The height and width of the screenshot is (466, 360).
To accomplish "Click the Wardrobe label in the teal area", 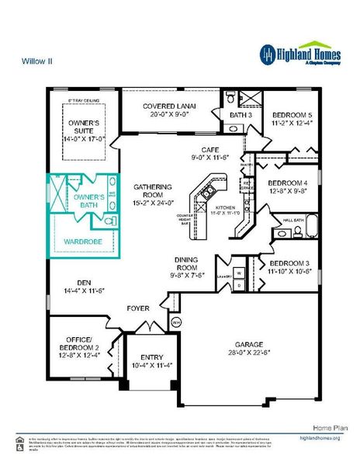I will (79, 242).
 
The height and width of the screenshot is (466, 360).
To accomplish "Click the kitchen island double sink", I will (207, 189).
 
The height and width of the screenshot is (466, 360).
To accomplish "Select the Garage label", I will (244, 344).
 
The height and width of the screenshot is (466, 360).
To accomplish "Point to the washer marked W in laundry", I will (239, 273).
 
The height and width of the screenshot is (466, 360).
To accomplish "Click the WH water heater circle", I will (175, 321).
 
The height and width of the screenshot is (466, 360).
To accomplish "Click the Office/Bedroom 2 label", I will (77, 346).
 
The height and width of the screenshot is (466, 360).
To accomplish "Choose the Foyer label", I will (138, 308).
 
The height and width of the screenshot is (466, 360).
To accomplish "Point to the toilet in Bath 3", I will (231, 98).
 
